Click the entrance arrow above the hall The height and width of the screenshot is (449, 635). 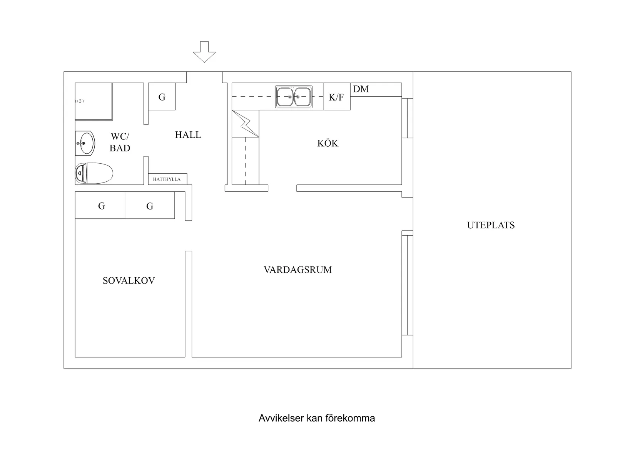coord(204,52)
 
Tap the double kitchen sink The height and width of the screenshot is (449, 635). coord(294,97)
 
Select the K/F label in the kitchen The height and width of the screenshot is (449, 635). coord(336,97)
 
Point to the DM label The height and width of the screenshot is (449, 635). coord(361,89)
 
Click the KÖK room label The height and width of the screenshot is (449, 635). coord(328,143)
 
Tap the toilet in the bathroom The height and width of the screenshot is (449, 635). coord(94,173)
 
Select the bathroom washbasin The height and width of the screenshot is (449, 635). coord(85,143)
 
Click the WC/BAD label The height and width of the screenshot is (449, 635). coord(120,142)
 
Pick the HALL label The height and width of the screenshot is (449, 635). coord(188,135)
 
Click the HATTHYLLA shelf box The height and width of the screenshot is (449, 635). coord(167,179)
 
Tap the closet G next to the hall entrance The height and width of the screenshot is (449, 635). coord(162,97)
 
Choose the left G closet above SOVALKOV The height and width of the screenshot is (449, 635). coord(101,206)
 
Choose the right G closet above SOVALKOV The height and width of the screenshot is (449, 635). coord(150,206)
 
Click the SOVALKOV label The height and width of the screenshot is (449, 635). coord(129,281)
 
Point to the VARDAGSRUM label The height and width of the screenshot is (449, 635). coord(297,270)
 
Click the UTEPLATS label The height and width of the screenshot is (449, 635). coord(491,225)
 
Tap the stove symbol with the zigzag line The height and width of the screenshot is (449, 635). coord(245,124)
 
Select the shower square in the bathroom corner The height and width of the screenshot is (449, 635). coord(94,101)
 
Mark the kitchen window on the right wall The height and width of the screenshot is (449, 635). coord(408,118)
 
